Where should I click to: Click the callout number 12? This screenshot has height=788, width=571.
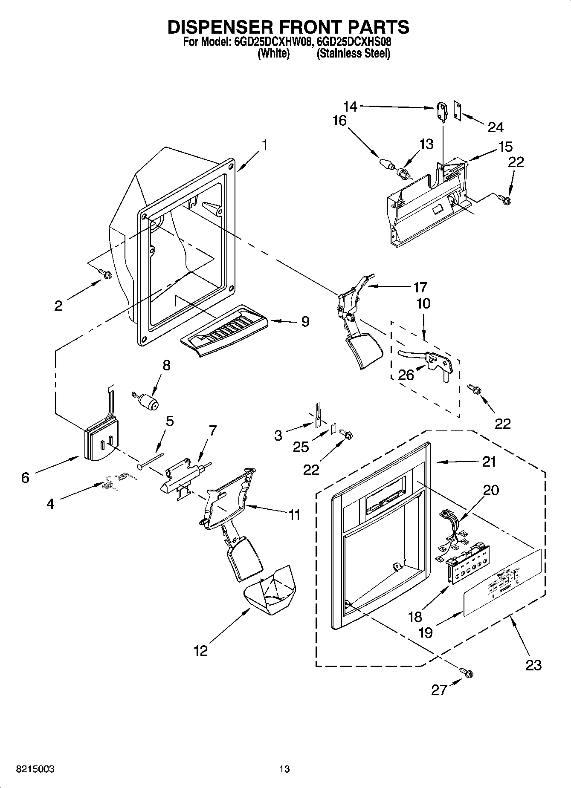tap(200, 651)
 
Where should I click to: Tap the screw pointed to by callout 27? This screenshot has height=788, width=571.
tap(467, 673)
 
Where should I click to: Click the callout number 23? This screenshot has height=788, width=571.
tap(533, 664)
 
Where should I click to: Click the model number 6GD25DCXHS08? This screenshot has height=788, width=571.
tap(354, 42)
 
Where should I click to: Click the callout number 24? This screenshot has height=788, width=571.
tap(496, 127)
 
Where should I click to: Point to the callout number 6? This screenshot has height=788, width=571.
tap(25, 478)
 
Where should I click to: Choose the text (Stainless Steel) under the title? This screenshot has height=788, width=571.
tap(353, 54)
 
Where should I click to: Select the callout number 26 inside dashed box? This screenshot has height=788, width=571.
tap(406, 375)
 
